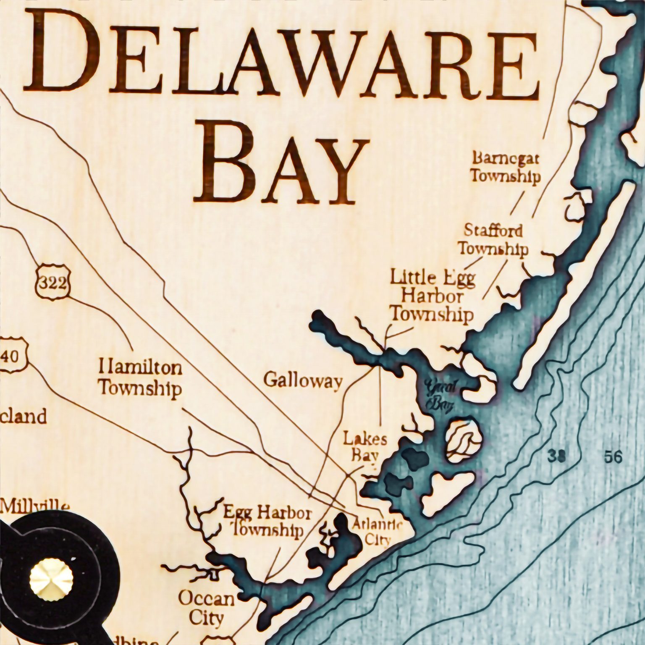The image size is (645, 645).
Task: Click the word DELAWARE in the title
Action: (281, 55)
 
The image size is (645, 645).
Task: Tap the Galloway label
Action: (303, 381)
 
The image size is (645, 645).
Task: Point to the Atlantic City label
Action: (377, 531)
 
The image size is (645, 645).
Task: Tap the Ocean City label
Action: (206, 608)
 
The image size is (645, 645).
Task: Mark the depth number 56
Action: (613, 456)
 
